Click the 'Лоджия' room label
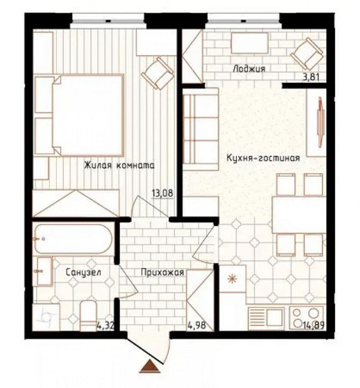click(x=249, y=69)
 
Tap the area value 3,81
click(x=311, y=77)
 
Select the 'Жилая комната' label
click(x=119, y=165)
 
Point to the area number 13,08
click(x=163, y=193)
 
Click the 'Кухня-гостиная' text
click(x=263, y=158)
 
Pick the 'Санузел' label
click(x=83, y=272)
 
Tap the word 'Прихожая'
click(x=163, y=272)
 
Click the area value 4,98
click(x=197, y=325)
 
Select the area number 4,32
click(x=105, y=325)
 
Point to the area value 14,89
click(x=314, y=325)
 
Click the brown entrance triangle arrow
click(x=150, y=366)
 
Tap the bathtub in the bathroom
click(x=74, y=239)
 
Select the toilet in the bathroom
click(x=88, y=316)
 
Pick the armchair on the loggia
click(x=307, y=53)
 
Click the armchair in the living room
click(x=158, y=73)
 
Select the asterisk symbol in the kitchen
click(x=232, y=279)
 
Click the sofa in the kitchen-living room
click(x=201, y=129)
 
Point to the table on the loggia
click(x=249, y=43)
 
